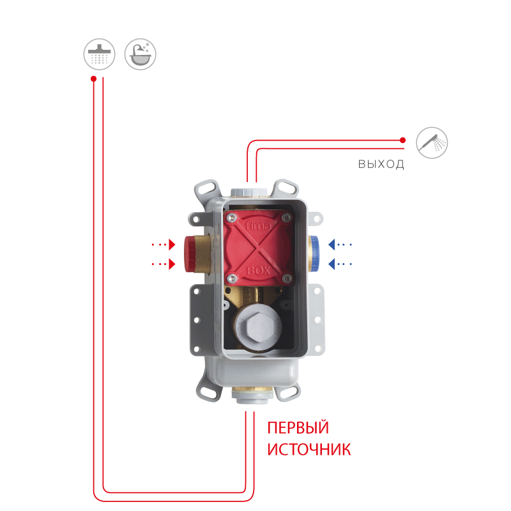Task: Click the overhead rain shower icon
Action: [x=100, y=54]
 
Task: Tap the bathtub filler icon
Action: [x=141, y=54]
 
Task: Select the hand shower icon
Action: [x=432, y=142]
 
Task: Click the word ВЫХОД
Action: [x=381, y=164]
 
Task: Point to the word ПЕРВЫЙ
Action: [x=298, y=427]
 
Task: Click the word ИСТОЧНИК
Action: [x=309, y=449]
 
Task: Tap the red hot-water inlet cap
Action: [x=190, y=254]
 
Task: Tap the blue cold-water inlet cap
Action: [x=315, y=254]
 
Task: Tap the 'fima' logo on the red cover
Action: [x=258, y=225]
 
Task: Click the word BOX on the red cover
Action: [x=259, y=270]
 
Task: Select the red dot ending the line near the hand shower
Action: [x=403, y=140]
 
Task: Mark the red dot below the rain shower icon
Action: [x=93, y=79]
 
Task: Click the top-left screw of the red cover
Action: [x=232, y=217]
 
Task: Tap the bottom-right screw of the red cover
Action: [x=287, y=278]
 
